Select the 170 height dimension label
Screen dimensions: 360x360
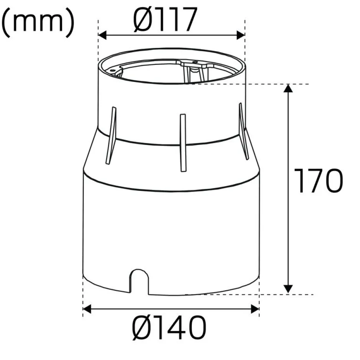point(319,181)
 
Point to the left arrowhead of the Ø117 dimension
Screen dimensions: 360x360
point(102,35)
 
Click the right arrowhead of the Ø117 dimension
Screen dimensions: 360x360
point(241,35)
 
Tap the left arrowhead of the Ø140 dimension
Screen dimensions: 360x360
point(87,309)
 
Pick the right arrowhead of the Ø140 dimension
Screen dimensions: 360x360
point(255,309)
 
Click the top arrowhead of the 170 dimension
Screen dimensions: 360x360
point(288,88)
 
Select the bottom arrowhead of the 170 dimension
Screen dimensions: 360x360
point(288,289)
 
